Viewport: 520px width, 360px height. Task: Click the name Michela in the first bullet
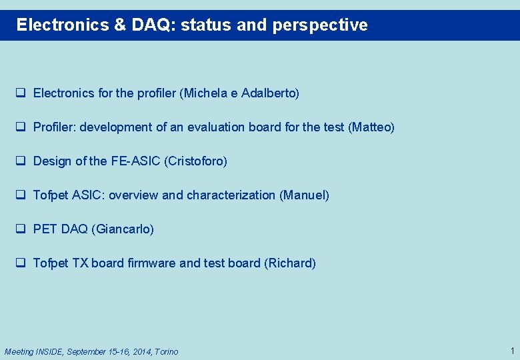coord(205,93)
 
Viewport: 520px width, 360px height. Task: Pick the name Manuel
coord(304,195)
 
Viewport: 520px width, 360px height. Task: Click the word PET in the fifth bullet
coord(45,229)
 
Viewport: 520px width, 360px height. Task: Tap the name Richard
coord(290,263)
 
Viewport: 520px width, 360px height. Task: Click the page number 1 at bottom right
coord(511,351)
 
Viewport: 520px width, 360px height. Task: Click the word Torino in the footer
coord(167,351)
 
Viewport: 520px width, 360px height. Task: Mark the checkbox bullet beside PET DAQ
coord(21,229)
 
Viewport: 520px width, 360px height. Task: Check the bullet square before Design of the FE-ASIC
coord(21,161)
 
